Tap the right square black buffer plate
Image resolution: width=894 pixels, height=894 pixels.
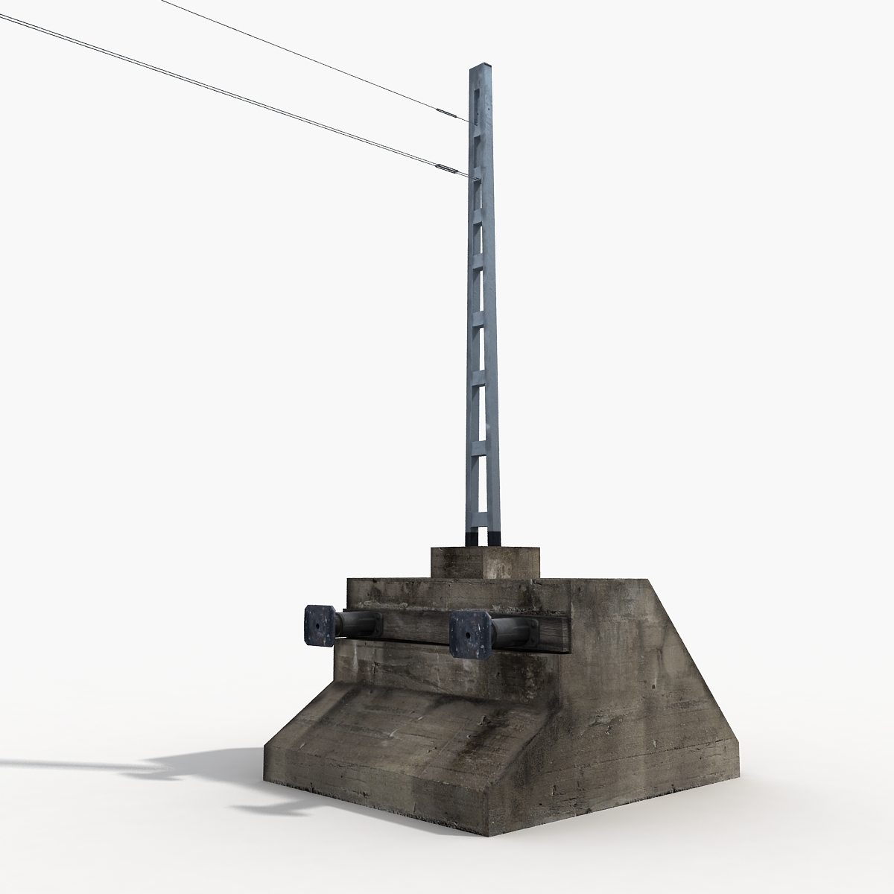(x=469, y=635)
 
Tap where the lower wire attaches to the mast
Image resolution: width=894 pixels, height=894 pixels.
(x=470, y=177)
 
